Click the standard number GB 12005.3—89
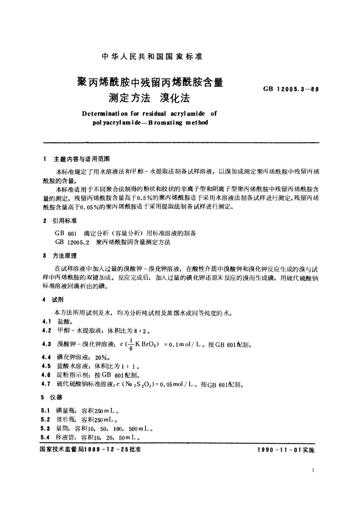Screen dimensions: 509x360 pos(291,90)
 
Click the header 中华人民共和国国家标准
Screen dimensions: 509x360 pos(151,57)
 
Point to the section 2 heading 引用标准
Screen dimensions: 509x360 pos(67,221)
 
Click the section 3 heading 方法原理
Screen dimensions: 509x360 pos(67,257)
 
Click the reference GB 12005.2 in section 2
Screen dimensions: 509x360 pos(72,242)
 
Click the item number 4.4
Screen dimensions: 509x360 pos(46,357)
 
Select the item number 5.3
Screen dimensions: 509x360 pos(46,428)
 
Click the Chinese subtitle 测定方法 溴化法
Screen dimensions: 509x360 pos(151,97)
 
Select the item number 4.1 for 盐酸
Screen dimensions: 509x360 pos(46,320)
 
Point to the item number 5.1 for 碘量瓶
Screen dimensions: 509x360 pos(46,411)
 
